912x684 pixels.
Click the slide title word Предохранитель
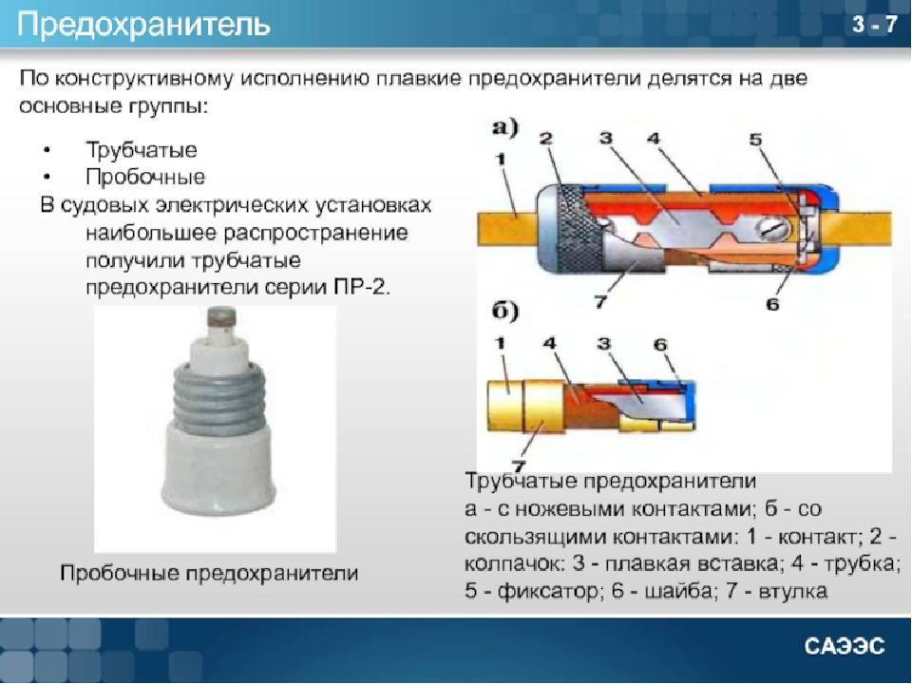click(143, 25)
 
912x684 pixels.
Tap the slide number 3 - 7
click(874, 25)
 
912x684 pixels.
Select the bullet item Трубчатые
click(142, 150)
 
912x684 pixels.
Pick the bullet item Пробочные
click(145, 177)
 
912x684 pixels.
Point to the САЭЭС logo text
click(845, 646)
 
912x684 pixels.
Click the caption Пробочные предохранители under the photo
click(209, 573)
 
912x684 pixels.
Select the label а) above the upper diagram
click(505, 127)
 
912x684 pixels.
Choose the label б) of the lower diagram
click(505, 312)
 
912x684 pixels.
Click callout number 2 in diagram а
click(545, 139)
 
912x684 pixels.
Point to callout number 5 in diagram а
click(755, 140)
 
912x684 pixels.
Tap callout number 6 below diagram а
click(772, 304)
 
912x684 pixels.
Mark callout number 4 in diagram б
click(550, 343)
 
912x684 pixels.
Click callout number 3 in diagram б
click(604, 344)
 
